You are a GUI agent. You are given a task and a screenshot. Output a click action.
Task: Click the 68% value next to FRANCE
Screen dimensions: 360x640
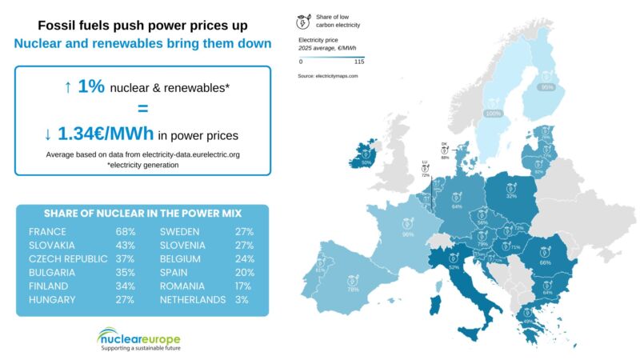point(125,231)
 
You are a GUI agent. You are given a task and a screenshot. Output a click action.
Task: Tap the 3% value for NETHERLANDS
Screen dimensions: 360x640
point(242,299)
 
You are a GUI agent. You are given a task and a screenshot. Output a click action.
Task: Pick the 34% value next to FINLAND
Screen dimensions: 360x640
point(125,286)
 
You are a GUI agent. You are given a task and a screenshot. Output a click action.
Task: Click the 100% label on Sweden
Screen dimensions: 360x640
point(494,114)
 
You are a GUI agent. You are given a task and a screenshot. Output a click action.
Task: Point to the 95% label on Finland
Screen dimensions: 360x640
point(547,87)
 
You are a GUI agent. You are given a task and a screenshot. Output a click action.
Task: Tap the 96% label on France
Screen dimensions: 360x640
point(408,234)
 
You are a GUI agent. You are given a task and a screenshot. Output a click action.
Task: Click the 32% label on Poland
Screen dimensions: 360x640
point(511,195)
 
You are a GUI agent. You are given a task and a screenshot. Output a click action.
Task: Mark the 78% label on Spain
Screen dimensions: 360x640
point(353,290)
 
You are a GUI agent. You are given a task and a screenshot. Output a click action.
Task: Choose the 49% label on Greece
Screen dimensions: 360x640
point(529,322)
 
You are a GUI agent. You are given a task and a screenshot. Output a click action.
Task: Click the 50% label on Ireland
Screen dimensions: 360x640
point(366,162)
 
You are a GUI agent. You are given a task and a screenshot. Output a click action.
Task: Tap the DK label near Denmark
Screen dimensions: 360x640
point(444,144)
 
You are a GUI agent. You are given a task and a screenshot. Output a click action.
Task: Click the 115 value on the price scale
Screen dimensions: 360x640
point(359,61)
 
